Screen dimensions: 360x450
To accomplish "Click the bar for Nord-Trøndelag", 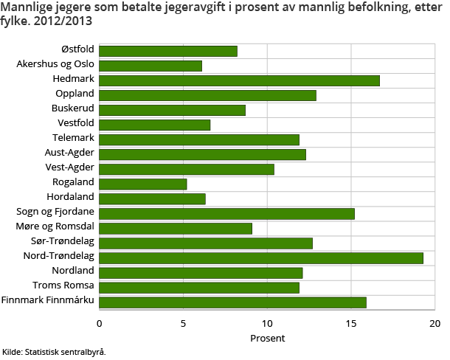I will click(x=261, y=257).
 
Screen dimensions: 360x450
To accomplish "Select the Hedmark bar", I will click(x=239, y=80).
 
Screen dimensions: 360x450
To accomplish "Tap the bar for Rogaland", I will click(x=143, y=184).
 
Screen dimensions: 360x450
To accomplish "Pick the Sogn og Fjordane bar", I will click(x=226, y=213).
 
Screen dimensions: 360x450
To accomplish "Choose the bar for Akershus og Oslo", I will click(x=150, y=66).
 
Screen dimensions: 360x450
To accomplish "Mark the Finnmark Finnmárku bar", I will click(x=232, y=302).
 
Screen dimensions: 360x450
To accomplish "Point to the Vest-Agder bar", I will click(x=187, y=169).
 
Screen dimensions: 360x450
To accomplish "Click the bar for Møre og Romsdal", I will click(x=176, y=228).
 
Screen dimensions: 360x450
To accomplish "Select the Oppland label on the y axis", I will click(x=75, y=94).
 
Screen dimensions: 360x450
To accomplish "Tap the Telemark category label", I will click(x=73, y=138).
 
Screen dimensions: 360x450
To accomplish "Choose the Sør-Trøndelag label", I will click(x=63, y=241).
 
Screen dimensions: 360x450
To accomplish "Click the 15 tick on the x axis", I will click(x=351, y=323).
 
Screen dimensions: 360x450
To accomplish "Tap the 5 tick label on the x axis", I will click(x=183, y=323).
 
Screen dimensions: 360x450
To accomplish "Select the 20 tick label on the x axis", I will click(x=435, y=323).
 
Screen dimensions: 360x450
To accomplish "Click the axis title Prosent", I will click(x=267, y=338).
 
